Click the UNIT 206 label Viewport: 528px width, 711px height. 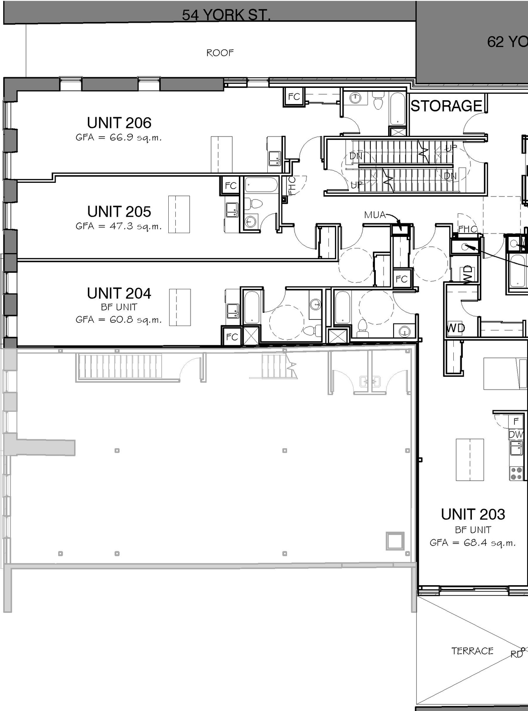tap(119, 123)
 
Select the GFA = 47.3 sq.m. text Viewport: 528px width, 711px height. tap(118, 226)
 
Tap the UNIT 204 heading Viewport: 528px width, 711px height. tap(119, 293)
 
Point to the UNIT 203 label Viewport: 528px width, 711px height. tap(473, 515)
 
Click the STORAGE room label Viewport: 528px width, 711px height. tap(446, 106)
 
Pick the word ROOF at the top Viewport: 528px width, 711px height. tap(220, 53)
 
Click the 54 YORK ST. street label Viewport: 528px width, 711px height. tap(226, 15)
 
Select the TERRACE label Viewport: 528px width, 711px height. tap(472, 651)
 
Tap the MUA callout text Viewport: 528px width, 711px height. tap(375, 215)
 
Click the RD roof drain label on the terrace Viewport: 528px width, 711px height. tap(516, 654)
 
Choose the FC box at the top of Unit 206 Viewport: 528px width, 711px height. tap(294, 97)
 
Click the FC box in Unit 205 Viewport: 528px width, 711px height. tap(231, 186)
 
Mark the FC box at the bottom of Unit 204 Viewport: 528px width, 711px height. tap(232, 337)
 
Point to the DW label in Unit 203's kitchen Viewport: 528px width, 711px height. tap(516, 435)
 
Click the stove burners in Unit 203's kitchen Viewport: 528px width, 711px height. tap(516, 473)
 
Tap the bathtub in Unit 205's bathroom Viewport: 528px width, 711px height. tap(261, 185)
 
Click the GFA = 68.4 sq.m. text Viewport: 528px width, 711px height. tap(472, 543)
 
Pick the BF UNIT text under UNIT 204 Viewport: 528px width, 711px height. tap(119, 307)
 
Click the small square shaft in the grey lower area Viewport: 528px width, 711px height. tap(395, 541)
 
